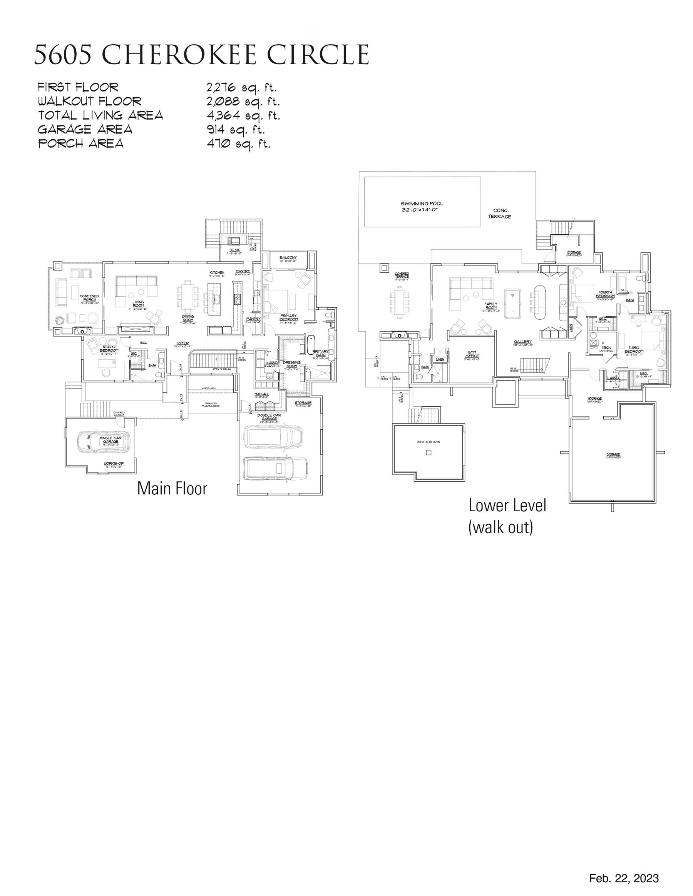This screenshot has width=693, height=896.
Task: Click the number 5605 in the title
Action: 63,55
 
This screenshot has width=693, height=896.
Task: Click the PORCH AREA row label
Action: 81,143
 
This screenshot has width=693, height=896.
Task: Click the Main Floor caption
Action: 172,488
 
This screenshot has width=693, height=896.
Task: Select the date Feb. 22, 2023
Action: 624,878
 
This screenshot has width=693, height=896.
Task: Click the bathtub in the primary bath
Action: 311,345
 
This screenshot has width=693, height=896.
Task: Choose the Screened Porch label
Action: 89,297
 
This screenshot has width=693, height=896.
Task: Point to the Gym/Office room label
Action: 472,354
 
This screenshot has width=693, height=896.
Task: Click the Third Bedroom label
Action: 634,350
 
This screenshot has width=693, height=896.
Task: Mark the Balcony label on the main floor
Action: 288,258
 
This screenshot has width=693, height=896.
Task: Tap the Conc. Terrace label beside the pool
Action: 500,214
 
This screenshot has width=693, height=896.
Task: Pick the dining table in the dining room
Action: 187,295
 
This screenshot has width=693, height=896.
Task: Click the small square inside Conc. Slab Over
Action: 429,452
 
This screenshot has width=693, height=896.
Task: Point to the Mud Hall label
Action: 261,394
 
